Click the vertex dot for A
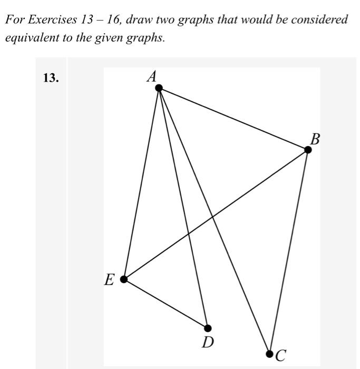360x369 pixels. click(x=159, y=88)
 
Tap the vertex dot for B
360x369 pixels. click(x=308, y=150)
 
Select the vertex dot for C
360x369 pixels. click(x=269, y=353)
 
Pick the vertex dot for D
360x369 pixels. click(x=208, y=328)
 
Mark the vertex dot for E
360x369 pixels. click(x=124, y=279)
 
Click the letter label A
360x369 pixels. click(x=152, y=77)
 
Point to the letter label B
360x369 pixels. click(x=315, y=139)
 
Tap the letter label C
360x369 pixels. click(x=281, y=355)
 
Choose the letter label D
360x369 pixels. click(x=208, y=343)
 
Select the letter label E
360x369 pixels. click(x=109, y=280)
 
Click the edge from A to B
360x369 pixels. click(x=233, y=119)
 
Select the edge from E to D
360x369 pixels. click(x=166, y=303)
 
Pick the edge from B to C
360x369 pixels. click(x=289, y=251)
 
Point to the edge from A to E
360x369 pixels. click(x=141, y=183)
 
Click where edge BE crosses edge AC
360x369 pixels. click(x=212, y=216)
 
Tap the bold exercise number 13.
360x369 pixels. click(x=51, y=78)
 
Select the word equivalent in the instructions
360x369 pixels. click(x=28, y=39)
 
